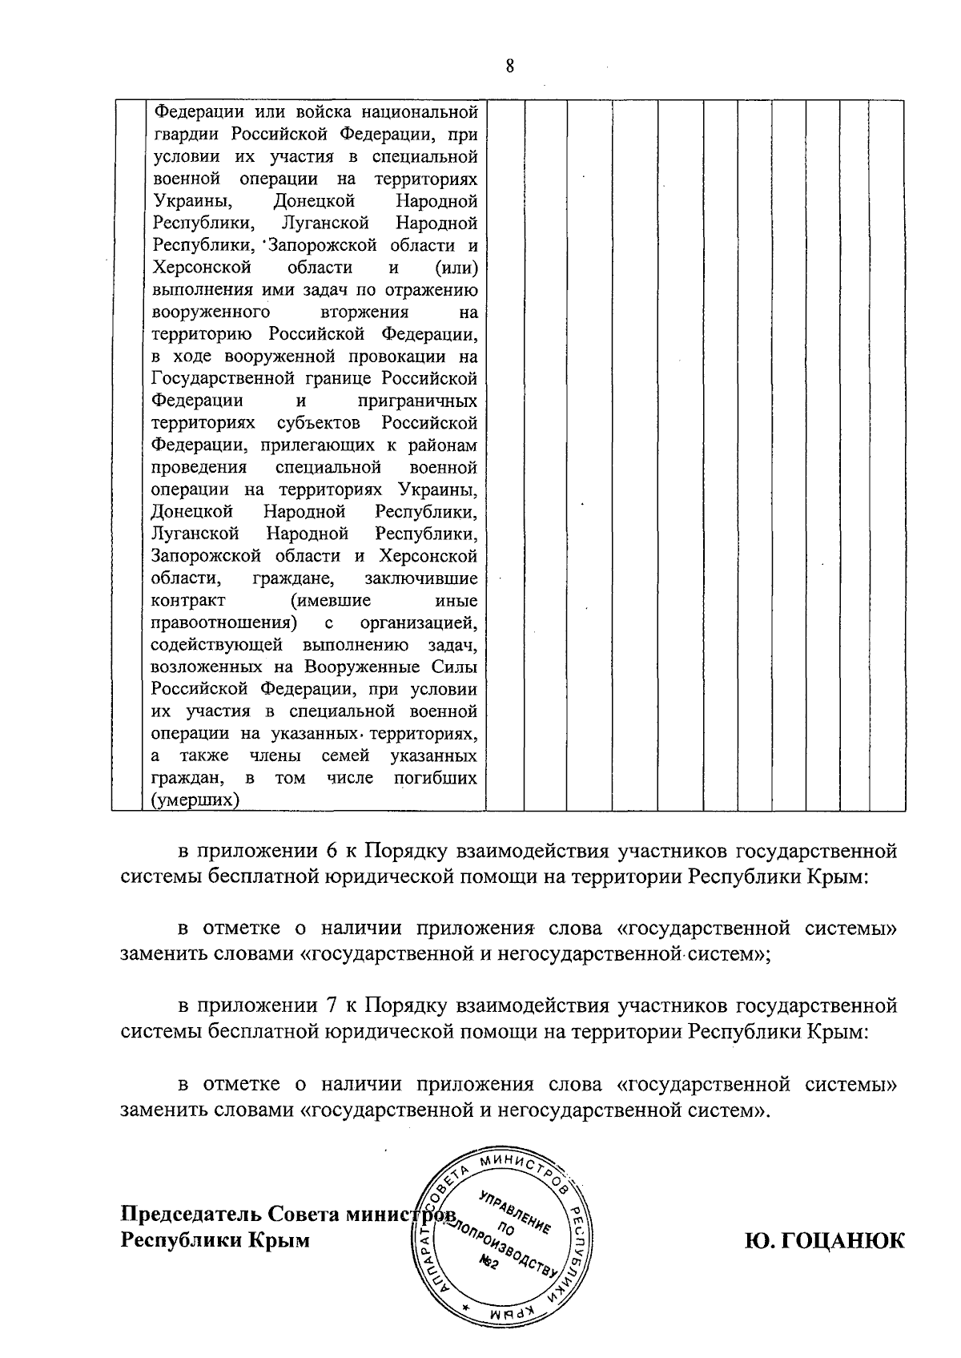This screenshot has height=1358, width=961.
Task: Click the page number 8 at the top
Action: tap(509, 66)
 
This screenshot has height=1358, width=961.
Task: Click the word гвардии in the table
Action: tap(185, 134)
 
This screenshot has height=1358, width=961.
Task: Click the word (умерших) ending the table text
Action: tap(195, 800)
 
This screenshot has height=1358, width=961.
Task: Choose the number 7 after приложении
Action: tap(332, 1006)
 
